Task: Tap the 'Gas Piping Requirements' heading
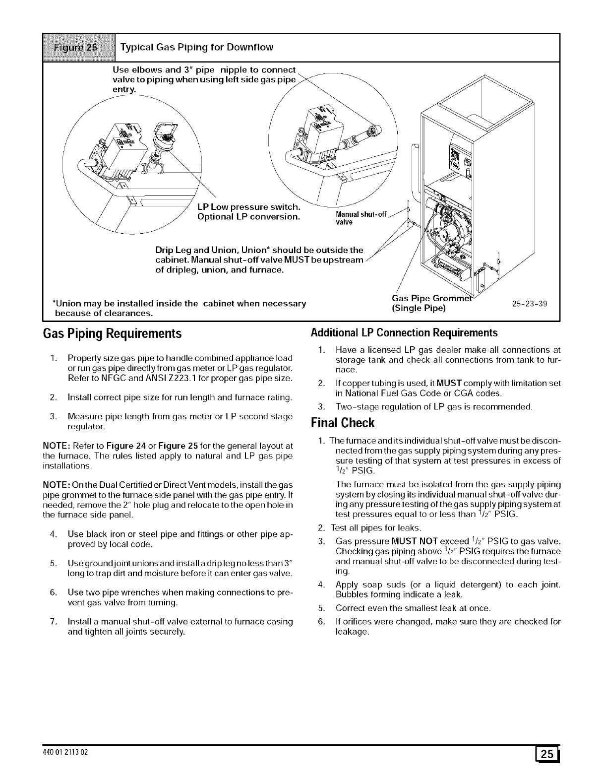(112, 333)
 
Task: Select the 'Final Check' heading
(342, 423)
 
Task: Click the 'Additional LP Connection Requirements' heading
(404, 332)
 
